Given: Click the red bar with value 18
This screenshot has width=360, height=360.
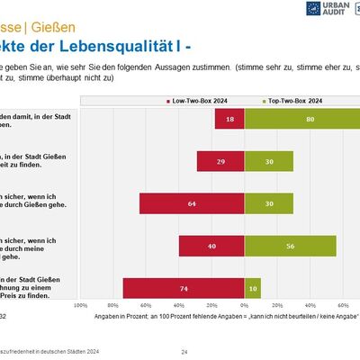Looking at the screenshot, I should pos(229,119).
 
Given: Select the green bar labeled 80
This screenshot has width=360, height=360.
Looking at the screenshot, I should pos(301,119).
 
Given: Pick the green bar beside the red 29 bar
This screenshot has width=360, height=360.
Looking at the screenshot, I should pos(267,161).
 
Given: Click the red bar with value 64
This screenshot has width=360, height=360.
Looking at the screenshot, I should pos(191,203).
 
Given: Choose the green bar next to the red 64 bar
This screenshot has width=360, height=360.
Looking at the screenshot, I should pos(267,203).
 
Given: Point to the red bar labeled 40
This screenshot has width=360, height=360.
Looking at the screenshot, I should pos(211,246).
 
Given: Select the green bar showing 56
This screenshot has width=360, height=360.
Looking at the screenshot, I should pos(289,246).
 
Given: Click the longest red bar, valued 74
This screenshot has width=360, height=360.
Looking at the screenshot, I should pos(183,288).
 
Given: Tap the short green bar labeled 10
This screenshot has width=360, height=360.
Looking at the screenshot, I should pos(252,288).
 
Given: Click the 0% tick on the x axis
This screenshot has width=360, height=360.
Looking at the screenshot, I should pos(243,306).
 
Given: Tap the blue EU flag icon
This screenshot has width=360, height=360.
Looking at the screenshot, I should pos(310,9).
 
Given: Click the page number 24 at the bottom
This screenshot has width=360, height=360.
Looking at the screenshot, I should pos(184,351).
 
